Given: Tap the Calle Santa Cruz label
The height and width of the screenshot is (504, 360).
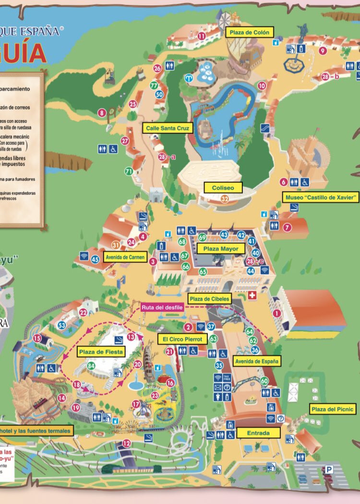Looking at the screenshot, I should [x=167, y=128].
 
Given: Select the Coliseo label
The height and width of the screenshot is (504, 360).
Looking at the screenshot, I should [x=223, y=188].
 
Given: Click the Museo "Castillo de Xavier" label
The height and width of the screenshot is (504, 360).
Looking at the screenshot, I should [x=321, y=197].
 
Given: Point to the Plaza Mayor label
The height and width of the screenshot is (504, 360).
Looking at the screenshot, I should [x=221, y=249].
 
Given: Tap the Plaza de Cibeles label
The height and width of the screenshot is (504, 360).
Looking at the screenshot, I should [x=209, y=299].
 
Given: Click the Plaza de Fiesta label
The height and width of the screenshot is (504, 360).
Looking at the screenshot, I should [x=101, y=352].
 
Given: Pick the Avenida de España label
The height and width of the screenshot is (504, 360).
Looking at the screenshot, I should [x=257, y=360].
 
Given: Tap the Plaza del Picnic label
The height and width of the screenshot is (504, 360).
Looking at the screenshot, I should [x=333, y=409].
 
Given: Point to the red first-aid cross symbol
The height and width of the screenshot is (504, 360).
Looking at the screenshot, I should [x=252, y=297].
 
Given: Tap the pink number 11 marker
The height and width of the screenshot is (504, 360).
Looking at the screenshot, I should [x=202, y=36].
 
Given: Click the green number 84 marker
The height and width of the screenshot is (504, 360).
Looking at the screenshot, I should [x=91, y=366].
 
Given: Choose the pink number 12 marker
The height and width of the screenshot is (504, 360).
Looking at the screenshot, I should [x=127, y=443].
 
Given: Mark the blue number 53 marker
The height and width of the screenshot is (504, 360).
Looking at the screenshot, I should [x=62, y=325].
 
